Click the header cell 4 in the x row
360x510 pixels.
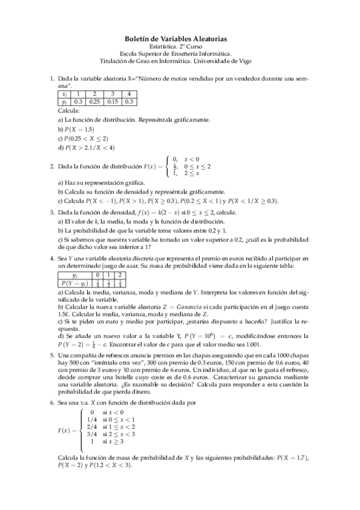pyautogui.click(x=128, y=94)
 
